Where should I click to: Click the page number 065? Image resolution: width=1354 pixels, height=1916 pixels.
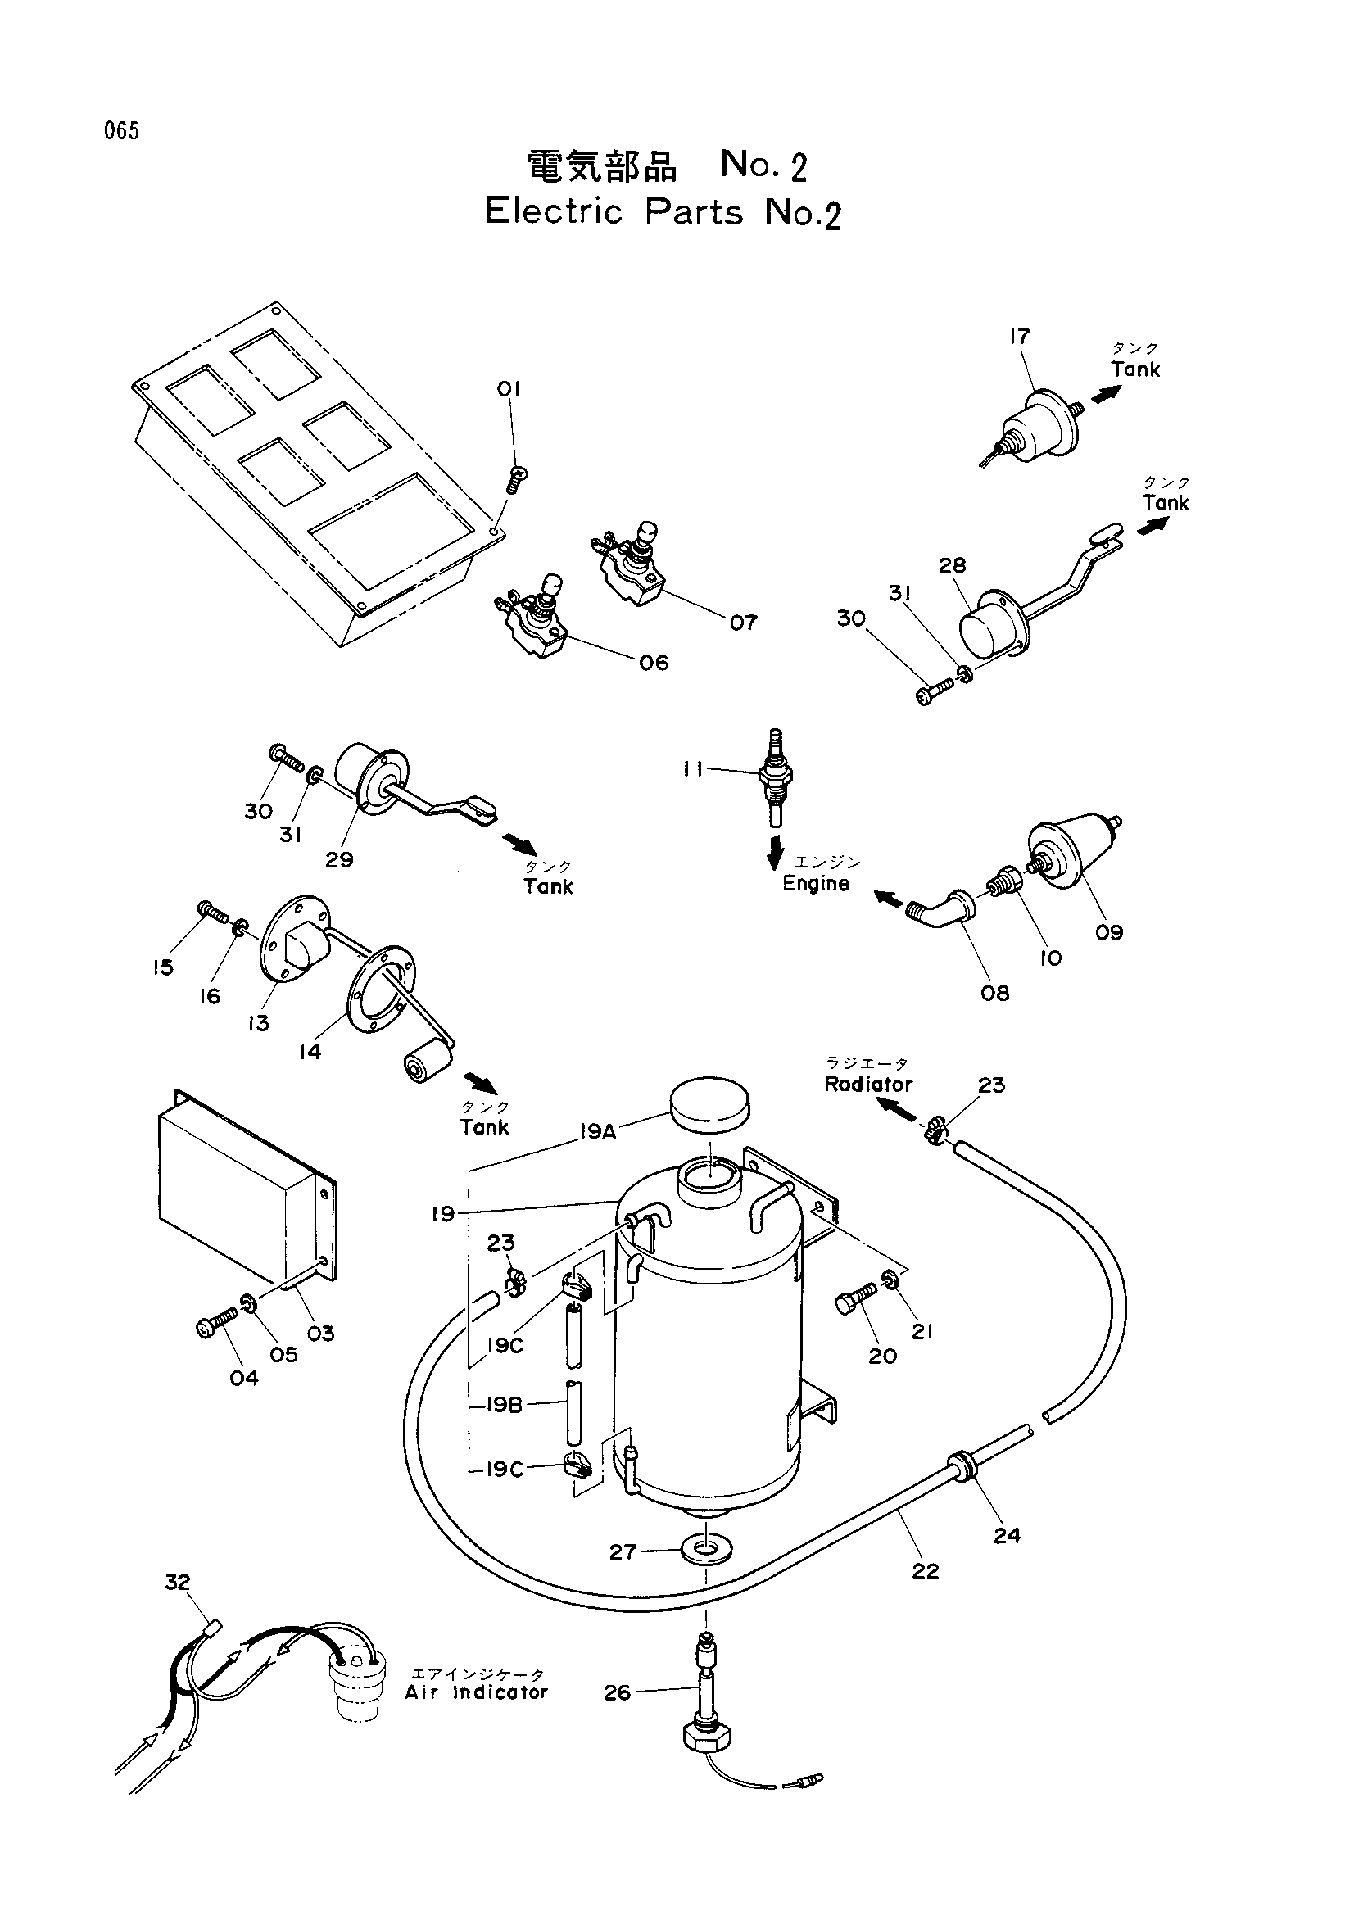tap(122, 131)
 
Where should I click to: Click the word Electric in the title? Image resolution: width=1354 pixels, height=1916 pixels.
tap(554, 211)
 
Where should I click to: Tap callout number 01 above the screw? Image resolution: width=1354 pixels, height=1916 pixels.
tap(508, 389)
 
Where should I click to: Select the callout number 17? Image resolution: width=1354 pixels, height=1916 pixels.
tap(1020, 337)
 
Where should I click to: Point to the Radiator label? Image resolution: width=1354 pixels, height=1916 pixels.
tap(868, 1084)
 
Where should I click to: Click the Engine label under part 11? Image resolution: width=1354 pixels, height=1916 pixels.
tap(816, 884)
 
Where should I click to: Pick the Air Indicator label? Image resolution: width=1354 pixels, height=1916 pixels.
tap(477, 1692)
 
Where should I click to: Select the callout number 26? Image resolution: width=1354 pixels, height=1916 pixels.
tap(618, 1693)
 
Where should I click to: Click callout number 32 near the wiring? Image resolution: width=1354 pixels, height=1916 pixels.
tap(178, 1583)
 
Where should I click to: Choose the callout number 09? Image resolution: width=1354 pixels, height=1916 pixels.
tap(1109, 932)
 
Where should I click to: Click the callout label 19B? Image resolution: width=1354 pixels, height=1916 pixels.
tap(505, 1406)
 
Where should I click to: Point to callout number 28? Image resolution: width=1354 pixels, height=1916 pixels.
tap(952, 565)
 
